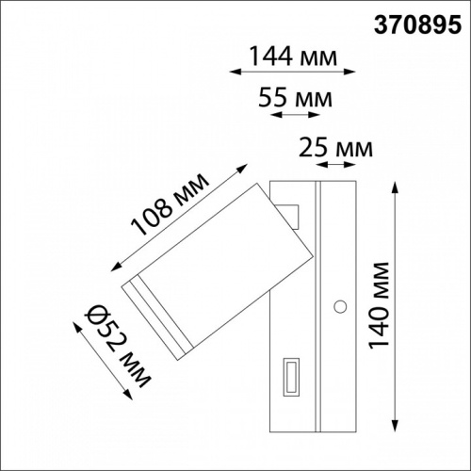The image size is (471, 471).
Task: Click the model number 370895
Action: pos(414,24)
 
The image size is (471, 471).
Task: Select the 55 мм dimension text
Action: pos(294,98)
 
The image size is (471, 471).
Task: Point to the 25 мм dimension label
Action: pos(335,148)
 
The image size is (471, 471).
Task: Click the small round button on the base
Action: pos(340,305)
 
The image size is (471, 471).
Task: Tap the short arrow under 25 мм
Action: pos(336,166)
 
